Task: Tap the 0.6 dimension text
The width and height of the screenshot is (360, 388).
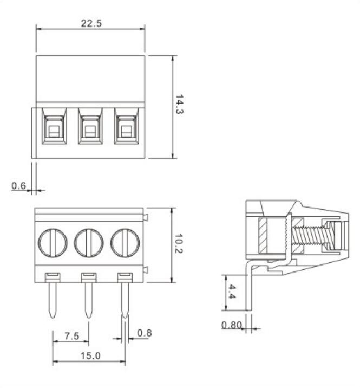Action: point(19,185)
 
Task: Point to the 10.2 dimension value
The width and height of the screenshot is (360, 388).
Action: point(179,245)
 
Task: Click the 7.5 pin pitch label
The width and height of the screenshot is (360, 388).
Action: point(71,336)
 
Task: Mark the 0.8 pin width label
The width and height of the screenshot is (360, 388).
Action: point(144,333)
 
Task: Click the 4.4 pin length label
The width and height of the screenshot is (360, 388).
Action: point(231,293)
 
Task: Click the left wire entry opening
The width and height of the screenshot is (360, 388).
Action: point(53,130)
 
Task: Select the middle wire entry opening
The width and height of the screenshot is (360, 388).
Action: point(89,130)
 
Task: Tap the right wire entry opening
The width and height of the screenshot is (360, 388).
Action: point(126,130)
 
